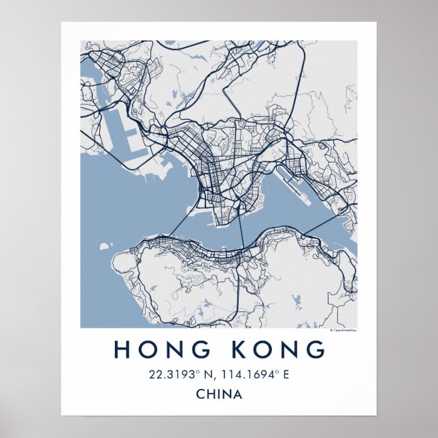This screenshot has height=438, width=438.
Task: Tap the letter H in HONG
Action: pos(122,349)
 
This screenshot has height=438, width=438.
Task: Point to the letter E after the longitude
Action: pos(286,374)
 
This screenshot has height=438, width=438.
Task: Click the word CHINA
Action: pos(218,394)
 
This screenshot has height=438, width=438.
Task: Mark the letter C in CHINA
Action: pos(199,394)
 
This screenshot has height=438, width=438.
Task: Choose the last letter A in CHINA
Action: pos(238,394)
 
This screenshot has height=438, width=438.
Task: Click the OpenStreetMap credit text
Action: pos(343,331)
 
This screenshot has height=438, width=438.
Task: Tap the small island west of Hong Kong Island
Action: pos(104,244)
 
